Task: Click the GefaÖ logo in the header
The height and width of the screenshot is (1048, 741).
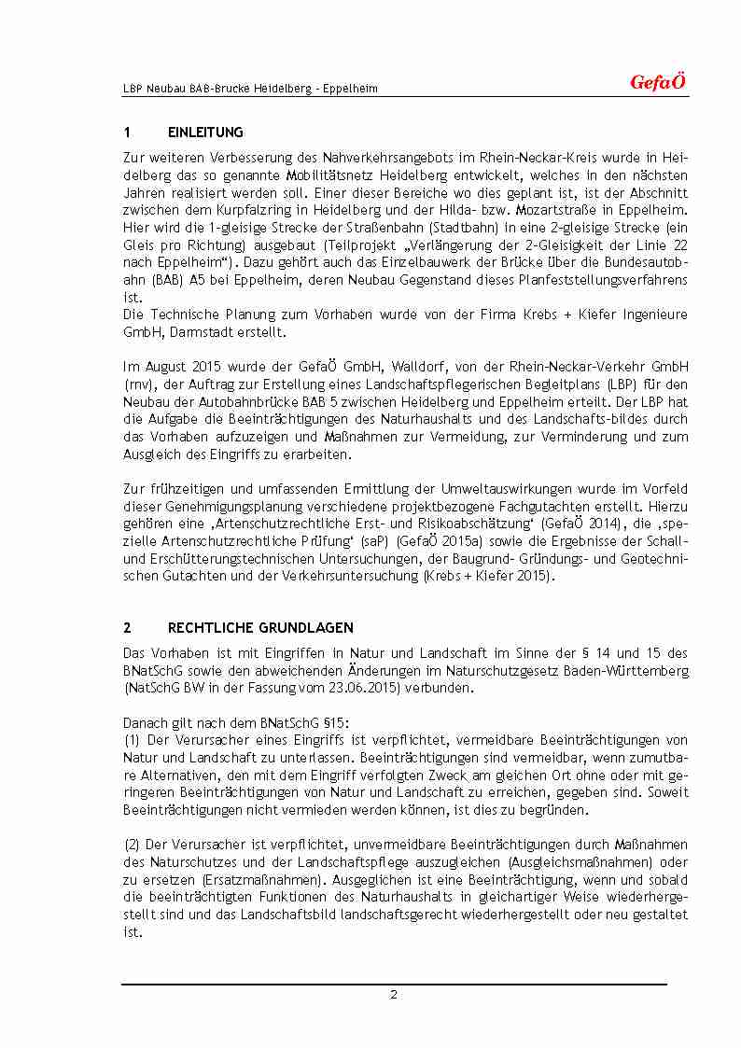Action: click(658, 83)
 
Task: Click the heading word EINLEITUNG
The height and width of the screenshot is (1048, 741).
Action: click(205, 133)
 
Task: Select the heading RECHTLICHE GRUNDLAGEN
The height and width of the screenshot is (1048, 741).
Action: click(260, 628)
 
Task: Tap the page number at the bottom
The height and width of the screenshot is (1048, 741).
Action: click(394, 995)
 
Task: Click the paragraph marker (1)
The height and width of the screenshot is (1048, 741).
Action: click(132, 741)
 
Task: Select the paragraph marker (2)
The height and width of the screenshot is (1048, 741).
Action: click(132, 845)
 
